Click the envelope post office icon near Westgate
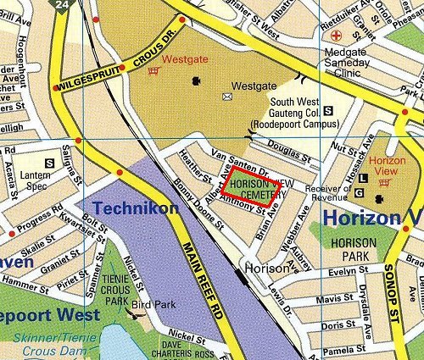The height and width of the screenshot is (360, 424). tap(226, 97)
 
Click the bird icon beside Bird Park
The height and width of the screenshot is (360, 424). tap(131, 311)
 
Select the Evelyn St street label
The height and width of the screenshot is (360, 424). tap(349, 271)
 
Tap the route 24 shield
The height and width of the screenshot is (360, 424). tap(61, 5)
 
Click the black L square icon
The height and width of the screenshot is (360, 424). tap(364, 179)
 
